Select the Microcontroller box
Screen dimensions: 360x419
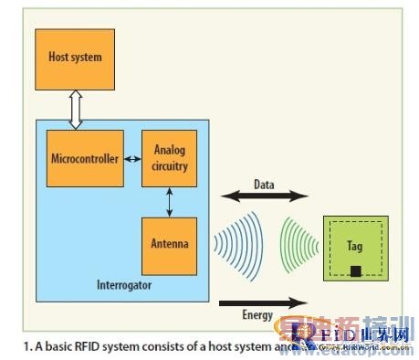click(83, 159)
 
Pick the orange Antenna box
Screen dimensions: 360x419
click(169, 244)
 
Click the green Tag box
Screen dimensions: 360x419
click(355, 248)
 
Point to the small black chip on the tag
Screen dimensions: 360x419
click(355, 271)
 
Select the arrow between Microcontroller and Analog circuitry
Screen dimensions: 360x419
click(132, 159)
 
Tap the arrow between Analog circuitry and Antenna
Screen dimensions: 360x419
click(169, 201)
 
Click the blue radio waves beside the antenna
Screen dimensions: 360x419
click(231, 245)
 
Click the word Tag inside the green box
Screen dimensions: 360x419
click(355, 246)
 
